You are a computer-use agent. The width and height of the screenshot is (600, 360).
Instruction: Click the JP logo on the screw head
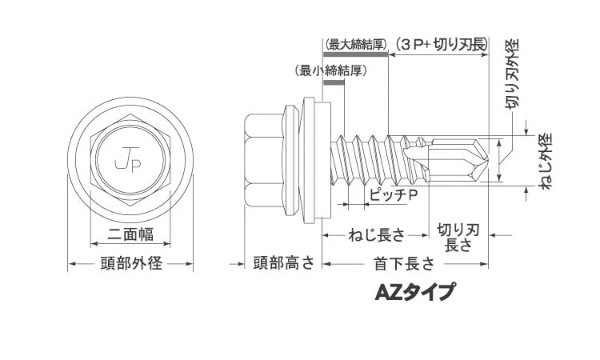pyautogui.click(x=128, y=160)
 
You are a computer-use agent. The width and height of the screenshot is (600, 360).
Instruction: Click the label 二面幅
pyautogui.click(x=130, y=234)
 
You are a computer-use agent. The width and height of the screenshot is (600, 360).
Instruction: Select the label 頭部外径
pyautogui.click(x=131, y=263)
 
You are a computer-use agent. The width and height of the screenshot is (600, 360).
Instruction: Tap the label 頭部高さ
pyautogui.click(x=284, y=263)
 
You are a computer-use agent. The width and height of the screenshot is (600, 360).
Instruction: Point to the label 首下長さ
pyautogui.click(x=405, y=263)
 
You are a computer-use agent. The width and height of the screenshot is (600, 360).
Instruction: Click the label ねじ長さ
pyautogui.click(x=376, y=234)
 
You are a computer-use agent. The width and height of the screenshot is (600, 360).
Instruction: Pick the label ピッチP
pyautogui.click(x=394, y=195)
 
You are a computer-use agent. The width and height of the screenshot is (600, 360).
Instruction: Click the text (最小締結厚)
pyautogui.click(x=331, y=70)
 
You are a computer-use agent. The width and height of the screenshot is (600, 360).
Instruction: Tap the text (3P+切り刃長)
pyautogui.click(x=441, y=45)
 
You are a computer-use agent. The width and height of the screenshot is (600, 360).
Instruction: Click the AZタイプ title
pyautogui.click(x=415, y=292)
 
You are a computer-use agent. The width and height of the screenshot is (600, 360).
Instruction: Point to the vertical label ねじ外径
pyautogui.click(x=545, y=161)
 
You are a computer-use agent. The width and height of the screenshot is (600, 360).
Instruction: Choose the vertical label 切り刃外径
pyautogui.click(x=512, y=74)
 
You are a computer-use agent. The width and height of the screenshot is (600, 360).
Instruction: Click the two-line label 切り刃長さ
pyautogui.click(x=458, y=238)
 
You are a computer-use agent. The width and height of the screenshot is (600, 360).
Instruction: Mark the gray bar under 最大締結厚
pyautogui.click(x=355, y=54)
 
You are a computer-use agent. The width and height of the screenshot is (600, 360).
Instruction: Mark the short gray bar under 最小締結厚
pyautogui.click(x=334, y=82)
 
